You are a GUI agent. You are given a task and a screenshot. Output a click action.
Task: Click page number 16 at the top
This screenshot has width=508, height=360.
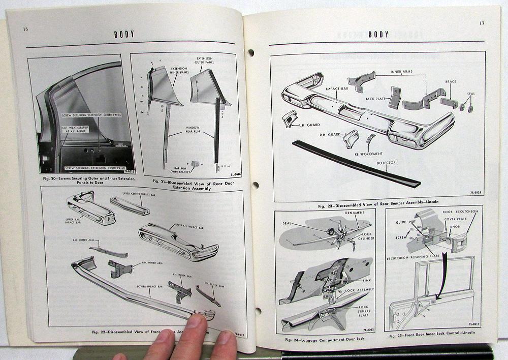[x=25, y=29]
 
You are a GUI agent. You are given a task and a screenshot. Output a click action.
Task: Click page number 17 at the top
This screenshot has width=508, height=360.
[x=481, y=23]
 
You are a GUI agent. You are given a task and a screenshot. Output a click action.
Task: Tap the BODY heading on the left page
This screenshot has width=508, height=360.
[x=124, y=34]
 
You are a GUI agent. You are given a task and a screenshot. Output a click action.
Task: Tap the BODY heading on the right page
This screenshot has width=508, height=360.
[x=378, y=34]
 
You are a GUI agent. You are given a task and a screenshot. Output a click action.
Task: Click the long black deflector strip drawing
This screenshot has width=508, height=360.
[x=356, y=164]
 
